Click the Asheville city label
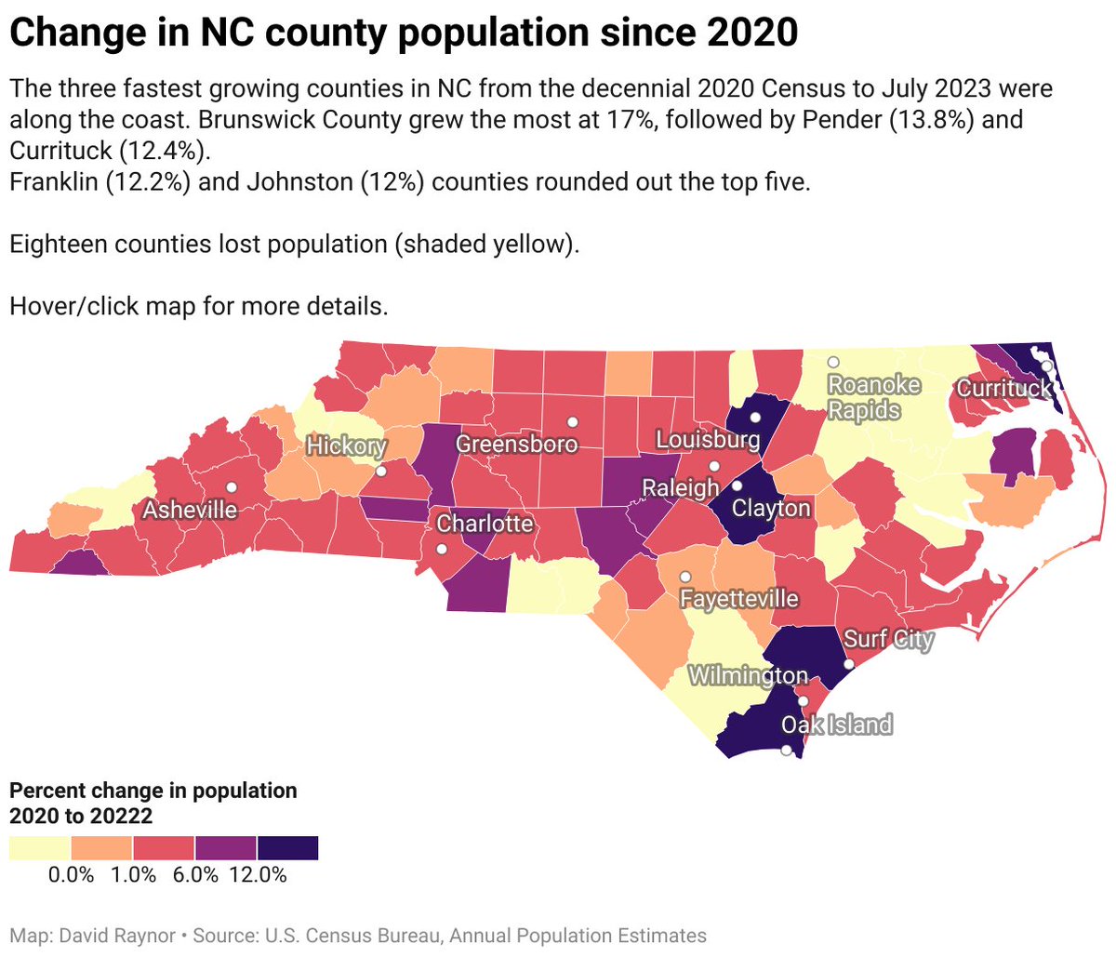(190, 510)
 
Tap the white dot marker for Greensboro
(573, 421)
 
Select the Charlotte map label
(485, 524)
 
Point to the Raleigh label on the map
(681, 487)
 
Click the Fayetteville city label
(739, 598)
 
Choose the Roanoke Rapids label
(864, 397)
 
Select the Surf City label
(888, 639)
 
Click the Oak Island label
(837, 724)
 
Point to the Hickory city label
(346, 445)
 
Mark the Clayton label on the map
(771, 508)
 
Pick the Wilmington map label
(748, 675)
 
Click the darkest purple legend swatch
(287, 847)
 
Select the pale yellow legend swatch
(39, 847)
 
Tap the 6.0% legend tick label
(196, 875)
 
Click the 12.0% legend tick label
(259, 875)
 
